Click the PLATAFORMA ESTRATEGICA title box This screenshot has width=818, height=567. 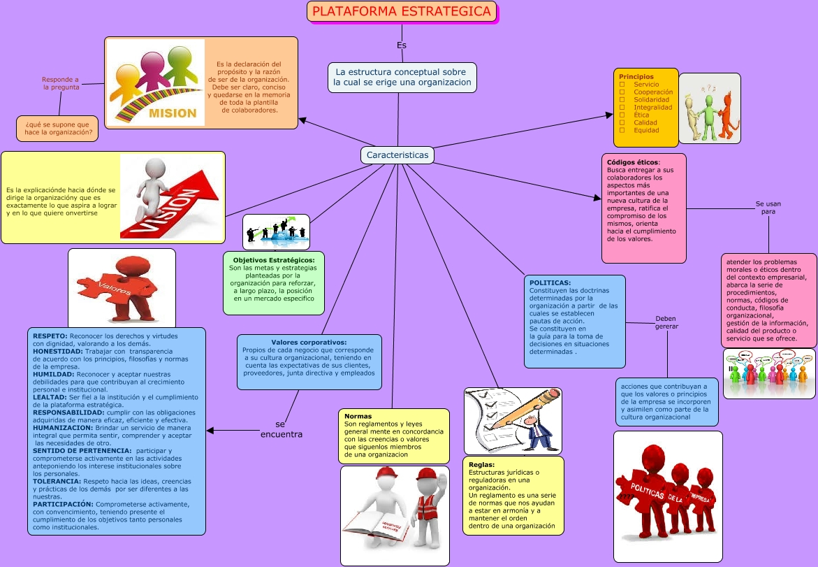pyautogui.click(x=402, y=12)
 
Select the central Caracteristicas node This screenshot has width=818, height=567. pyautogui.click(x=397, y=155)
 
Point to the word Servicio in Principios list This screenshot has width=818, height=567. pyautogui.click(x=646, y=84)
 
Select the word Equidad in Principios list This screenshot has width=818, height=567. pyautogui.click(x=646, y=130)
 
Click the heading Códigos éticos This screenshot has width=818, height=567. pyautogui.click(x=632, y=162)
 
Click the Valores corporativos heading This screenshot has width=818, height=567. pyautogui.click(x=308, y=342)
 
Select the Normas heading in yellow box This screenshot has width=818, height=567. pyautogui.click(x=358, y=416)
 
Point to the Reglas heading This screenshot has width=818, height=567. pyautogui.click(x=482, y=464)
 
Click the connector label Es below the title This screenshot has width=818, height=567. pyautogui.click(x=402, y=45)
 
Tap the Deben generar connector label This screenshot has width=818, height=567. pyautogui.click(x=666, y=322)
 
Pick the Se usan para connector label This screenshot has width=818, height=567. pyautogui.click(x=768, y=207)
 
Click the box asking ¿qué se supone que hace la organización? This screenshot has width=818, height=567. pyautogui.click(x=57, y=128)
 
